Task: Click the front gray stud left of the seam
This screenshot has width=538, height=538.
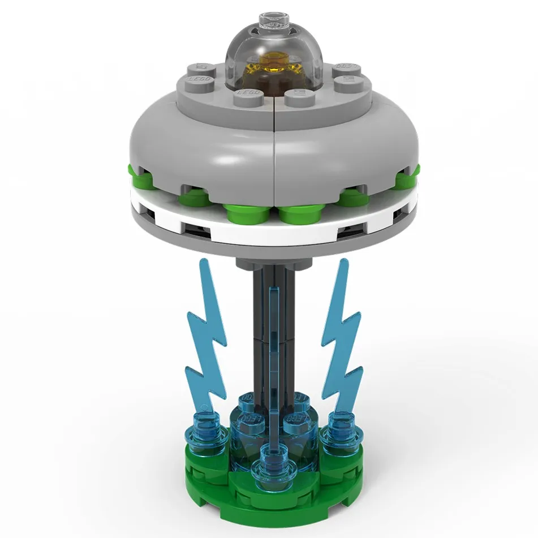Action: click(249, 95)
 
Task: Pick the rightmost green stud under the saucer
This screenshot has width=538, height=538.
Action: click(408, 180)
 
